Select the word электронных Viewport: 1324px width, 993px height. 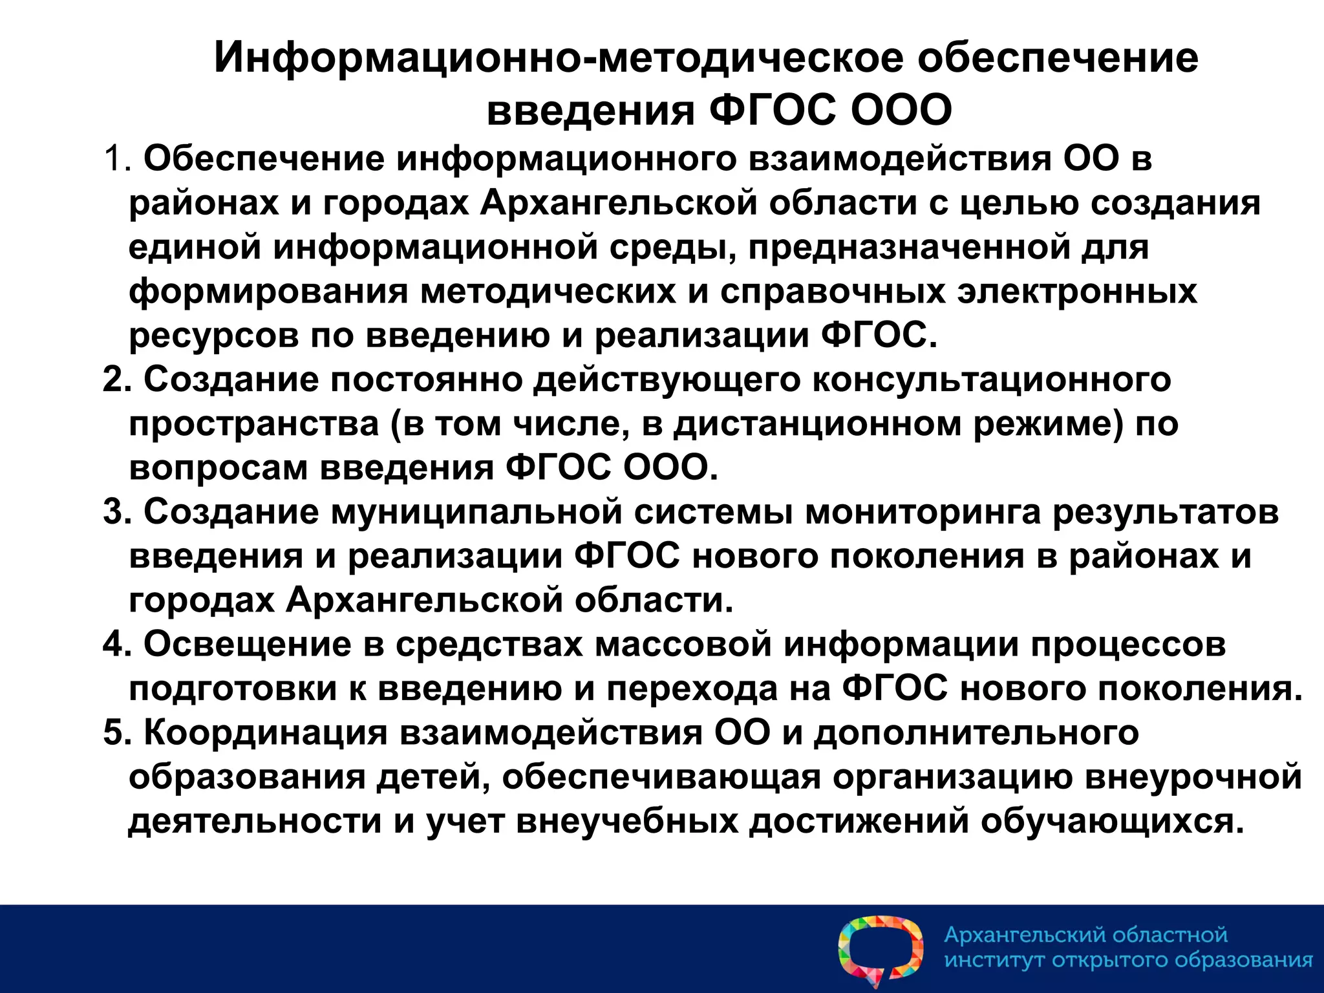pyautogui.click(x=1077, y=292)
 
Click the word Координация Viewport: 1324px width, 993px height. pyautogui.click(x=265, y=733)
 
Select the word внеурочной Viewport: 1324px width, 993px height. pyautogui.click(x=1193, y=777)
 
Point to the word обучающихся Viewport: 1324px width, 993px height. pyautogui.click(x=1112, y=822)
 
